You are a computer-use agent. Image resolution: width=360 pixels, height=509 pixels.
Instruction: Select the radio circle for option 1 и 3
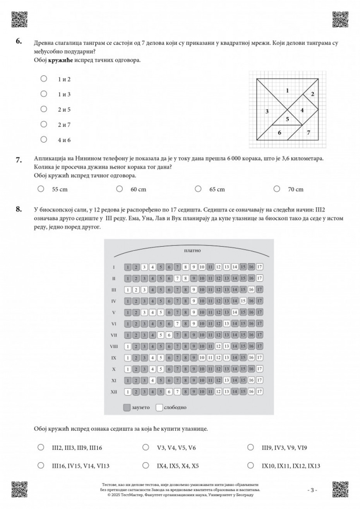(x=44, y=94)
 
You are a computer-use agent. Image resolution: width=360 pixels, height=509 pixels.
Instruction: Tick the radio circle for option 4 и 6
(x=44, y=140)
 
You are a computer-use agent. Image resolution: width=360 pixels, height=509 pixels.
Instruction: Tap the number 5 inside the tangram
(x=287, y=119)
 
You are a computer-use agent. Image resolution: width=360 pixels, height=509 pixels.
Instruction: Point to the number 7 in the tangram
(x=308, y=133)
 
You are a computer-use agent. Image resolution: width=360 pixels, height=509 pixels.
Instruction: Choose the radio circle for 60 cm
(x=120, y=189)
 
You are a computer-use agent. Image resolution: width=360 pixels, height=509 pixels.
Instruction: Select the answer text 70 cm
(x=296, y=189)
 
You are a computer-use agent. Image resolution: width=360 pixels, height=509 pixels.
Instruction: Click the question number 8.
(x=19, y=209)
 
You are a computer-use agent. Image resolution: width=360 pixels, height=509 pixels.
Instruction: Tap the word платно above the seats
(x=193, y=250)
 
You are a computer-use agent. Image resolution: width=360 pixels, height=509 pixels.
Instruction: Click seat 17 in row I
(x=260, y=267)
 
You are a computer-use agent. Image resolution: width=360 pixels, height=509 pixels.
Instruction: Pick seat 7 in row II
(x=177, y=278)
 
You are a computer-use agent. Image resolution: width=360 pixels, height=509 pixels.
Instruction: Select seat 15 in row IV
(x=243, y=301)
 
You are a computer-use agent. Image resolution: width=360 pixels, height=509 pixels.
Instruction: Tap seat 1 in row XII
(x=127, y=392)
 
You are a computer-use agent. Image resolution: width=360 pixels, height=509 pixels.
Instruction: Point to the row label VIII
(x=114, y=346)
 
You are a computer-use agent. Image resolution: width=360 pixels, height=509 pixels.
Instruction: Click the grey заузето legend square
(x=127, y=407)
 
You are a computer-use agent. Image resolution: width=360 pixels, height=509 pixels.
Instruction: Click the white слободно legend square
(x=159, y=407)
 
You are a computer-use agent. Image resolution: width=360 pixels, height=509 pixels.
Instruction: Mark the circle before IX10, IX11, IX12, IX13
(x=250, y=466)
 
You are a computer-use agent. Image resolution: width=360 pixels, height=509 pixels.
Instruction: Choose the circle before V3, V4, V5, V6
(x=146, y=447)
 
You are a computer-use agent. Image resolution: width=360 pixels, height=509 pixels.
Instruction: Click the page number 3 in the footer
(x=312, y=490)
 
